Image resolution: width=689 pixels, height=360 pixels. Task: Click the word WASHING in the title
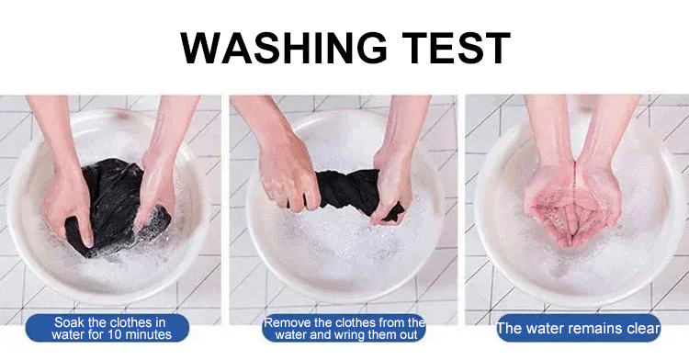click(x=284, y=48)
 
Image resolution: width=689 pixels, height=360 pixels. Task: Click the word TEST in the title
click(x=456, y=48)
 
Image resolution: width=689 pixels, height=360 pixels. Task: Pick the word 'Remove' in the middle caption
click(x=282, y=323)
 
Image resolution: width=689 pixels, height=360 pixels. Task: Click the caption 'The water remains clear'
click(x=578, y=329)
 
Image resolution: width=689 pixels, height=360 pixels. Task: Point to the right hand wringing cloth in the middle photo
click(x=392, y=185)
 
